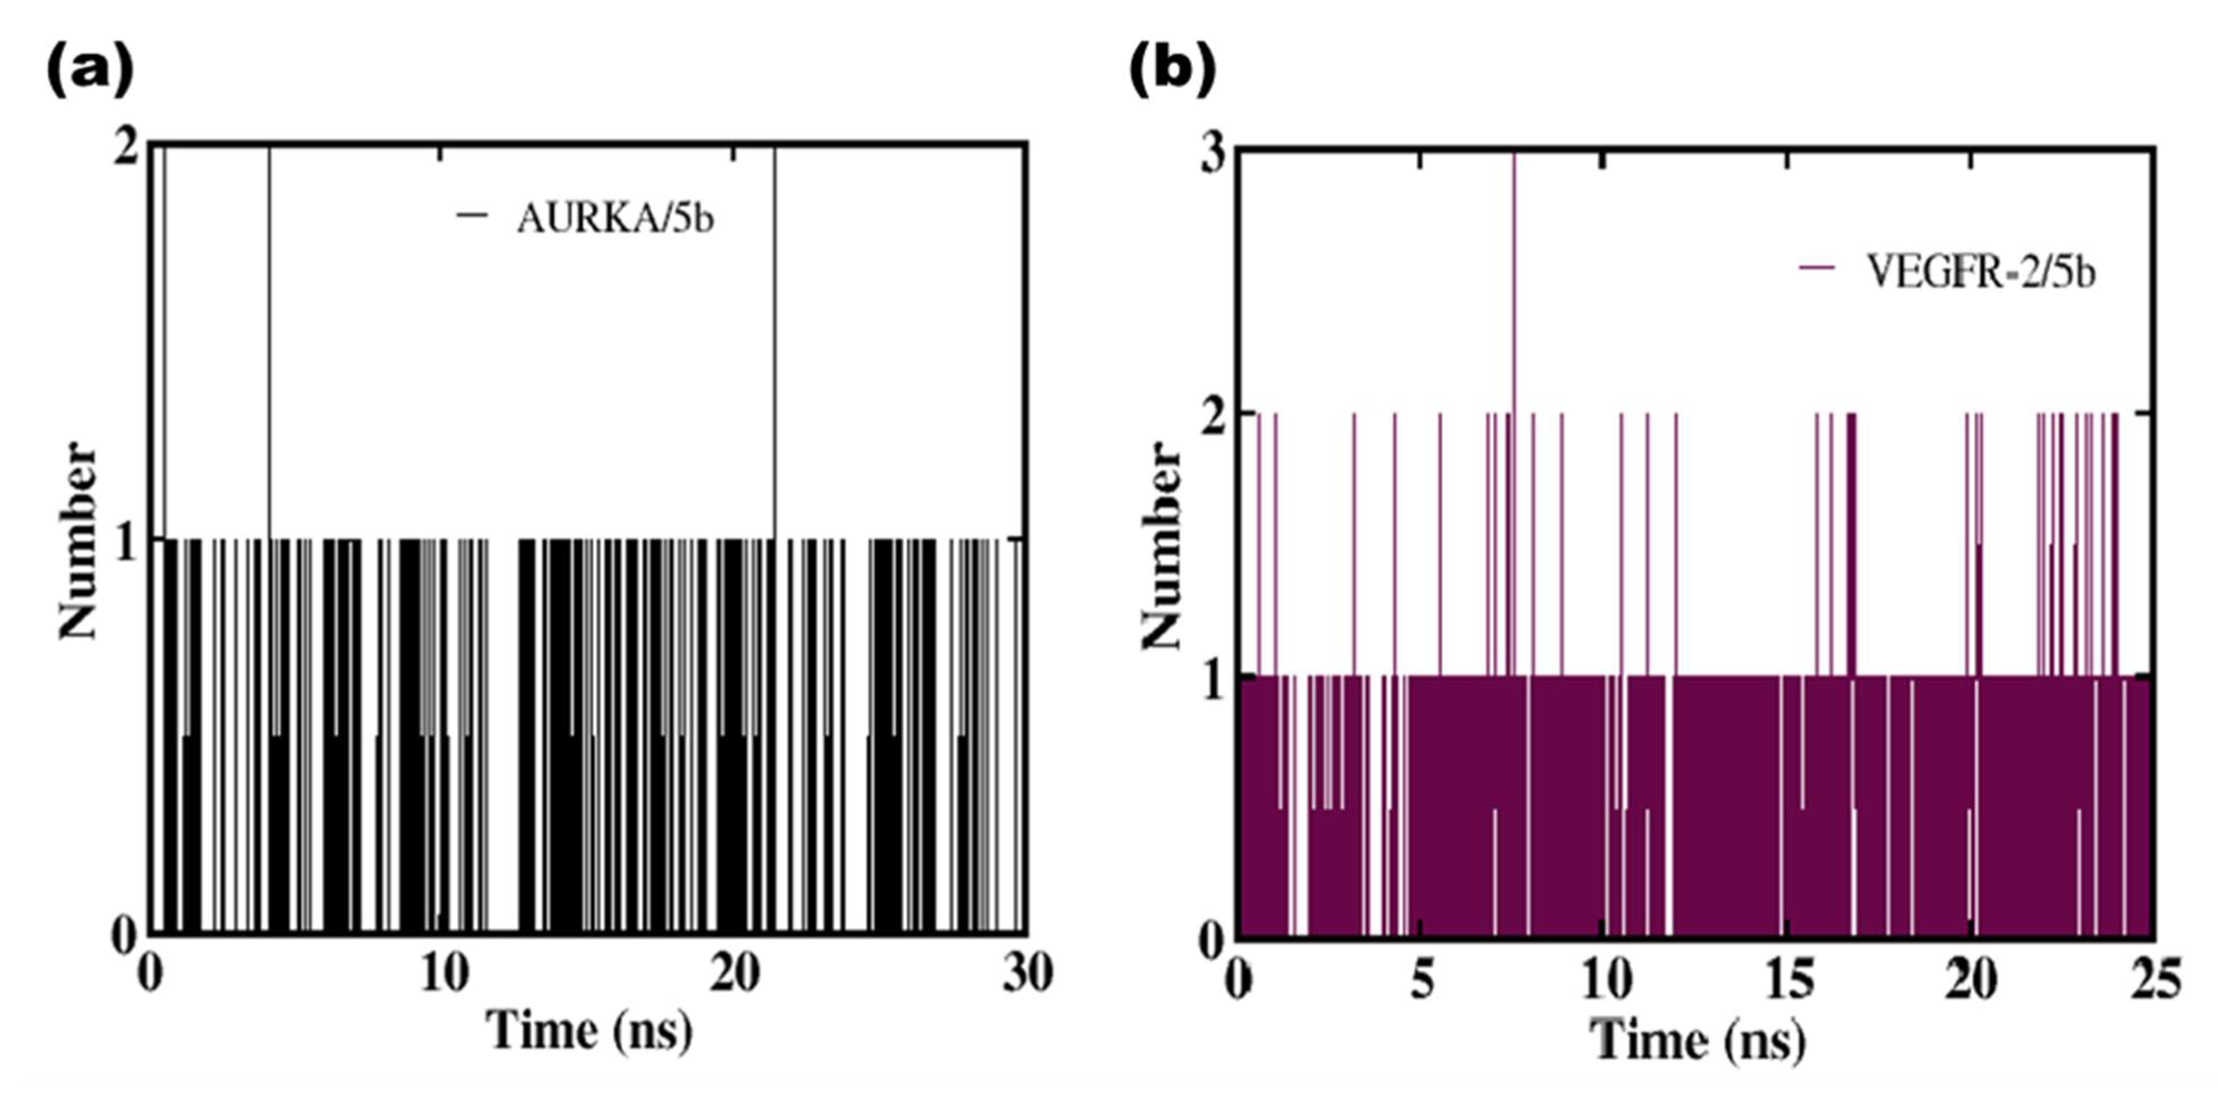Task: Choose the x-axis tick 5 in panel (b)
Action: (x=1422, y=982)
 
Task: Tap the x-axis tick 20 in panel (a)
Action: (x=735, y=975)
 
